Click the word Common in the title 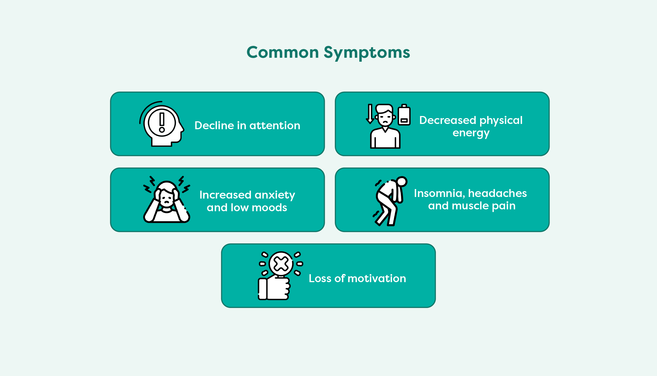click(x=283, y=52)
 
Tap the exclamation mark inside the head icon click(x=162, y=122)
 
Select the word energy click(x=471, y=133)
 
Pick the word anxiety click(x=275, y=195)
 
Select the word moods click(x=270, y=208)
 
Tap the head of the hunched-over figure click(x=402, y=181)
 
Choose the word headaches click(x=497, y=193)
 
